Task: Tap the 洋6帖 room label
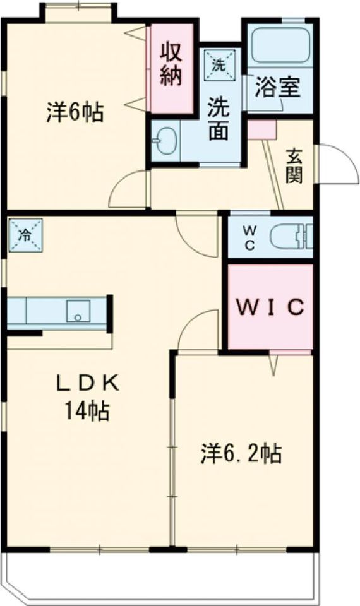(x=75, y=112)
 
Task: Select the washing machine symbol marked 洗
(x=219, y=64)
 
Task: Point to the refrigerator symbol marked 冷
(x=25, y=235)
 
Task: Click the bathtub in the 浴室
(x=280, y=46)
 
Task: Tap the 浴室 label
(x=277, y=87)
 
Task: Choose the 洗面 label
(x=219, y=119)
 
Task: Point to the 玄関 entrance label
(x=294, y=165)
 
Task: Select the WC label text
(x=249, y=238)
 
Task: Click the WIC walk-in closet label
(x=270, y=307)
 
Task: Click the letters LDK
(x=87, y=384)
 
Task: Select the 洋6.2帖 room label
(x=241, y=453)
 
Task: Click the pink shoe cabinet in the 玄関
(x=261, y=129)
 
